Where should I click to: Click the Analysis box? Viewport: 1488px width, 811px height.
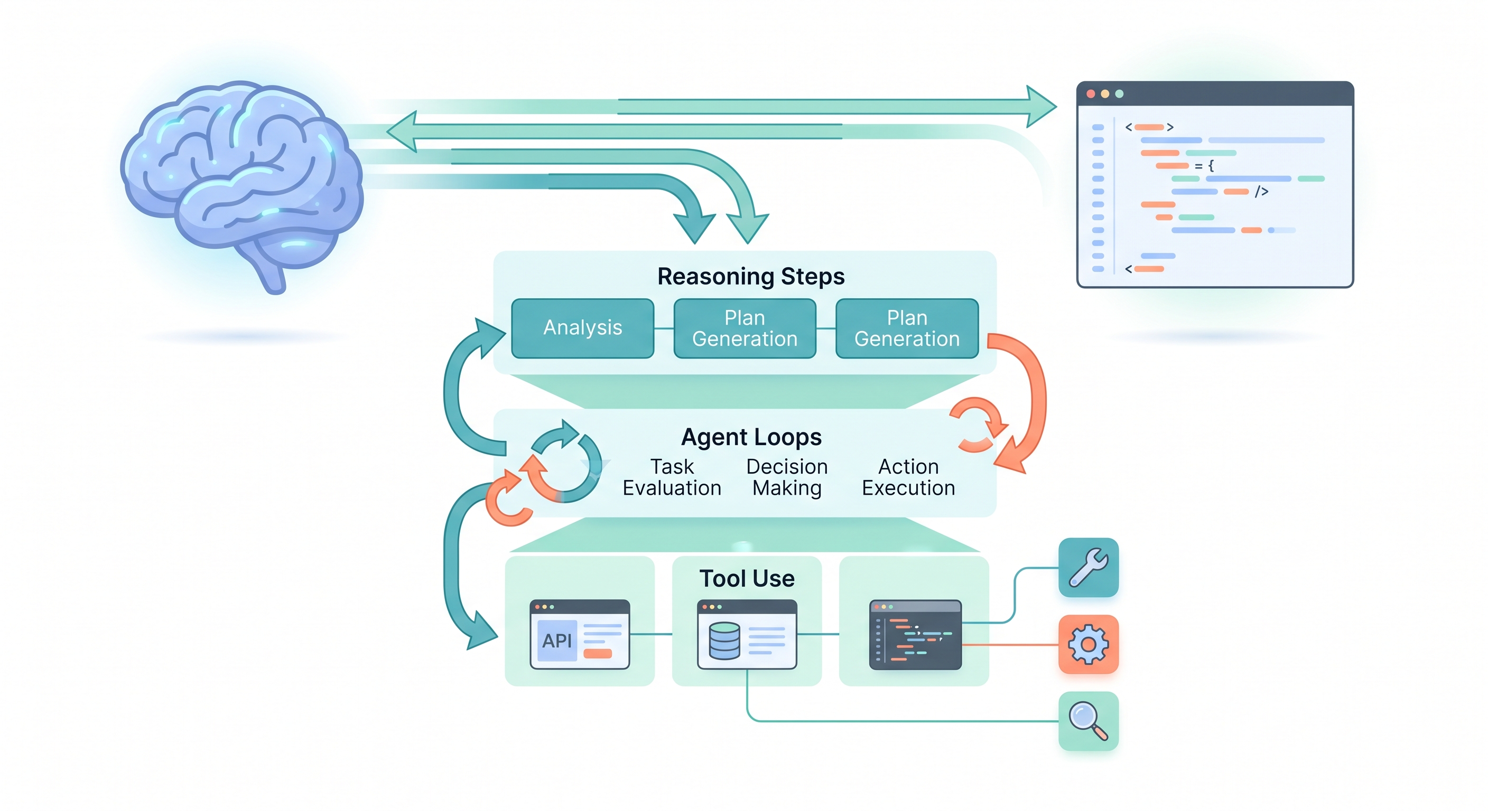tap(582, 328)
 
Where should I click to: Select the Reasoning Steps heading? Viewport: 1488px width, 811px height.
tap(750, 277)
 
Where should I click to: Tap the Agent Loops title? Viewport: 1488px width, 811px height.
tap(751, 437)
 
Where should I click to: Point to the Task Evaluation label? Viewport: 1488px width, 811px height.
tap(672, 477)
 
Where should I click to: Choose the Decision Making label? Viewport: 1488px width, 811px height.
tap(787, 477)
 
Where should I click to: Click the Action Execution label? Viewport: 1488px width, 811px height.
tap(908, 477)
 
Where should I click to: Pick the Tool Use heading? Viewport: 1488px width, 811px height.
tap(747, 578)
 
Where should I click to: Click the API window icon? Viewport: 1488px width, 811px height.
tap(579, 634)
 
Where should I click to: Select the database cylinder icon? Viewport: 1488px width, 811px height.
tap(724, 640)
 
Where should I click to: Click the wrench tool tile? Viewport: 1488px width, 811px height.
tap(1089, 568)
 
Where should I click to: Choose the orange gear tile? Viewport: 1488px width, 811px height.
tap(1089, 644)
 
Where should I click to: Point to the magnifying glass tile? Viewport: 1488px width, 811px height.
tap(1089, 721)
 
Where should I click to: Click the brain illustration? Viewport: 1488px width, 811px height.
tap(243, 173)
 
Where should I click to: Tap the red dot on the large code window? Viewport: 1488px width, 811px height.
tap(1091, 94)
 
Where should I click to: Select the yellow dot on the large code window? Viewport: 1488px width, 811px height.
tap(1105, 94)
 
